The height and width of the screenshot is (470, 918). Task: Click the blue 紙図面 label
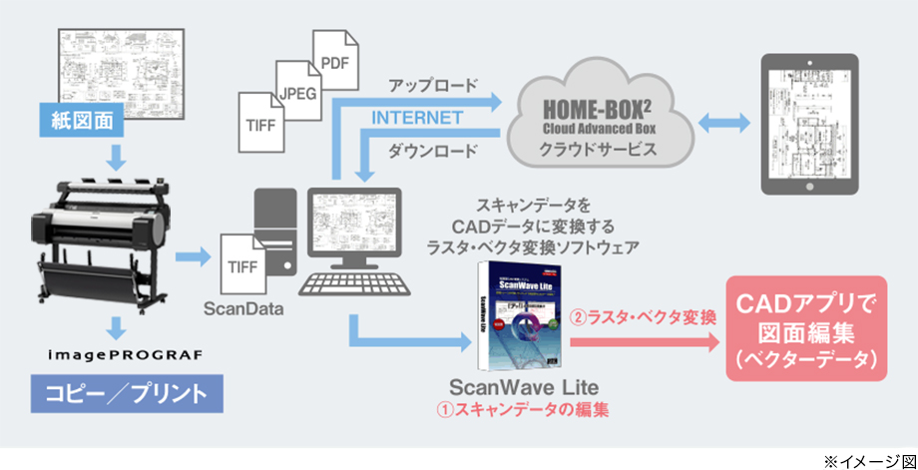click(90, 122)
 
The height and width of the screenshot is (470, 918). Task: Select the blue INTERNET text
click(416, 118)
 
